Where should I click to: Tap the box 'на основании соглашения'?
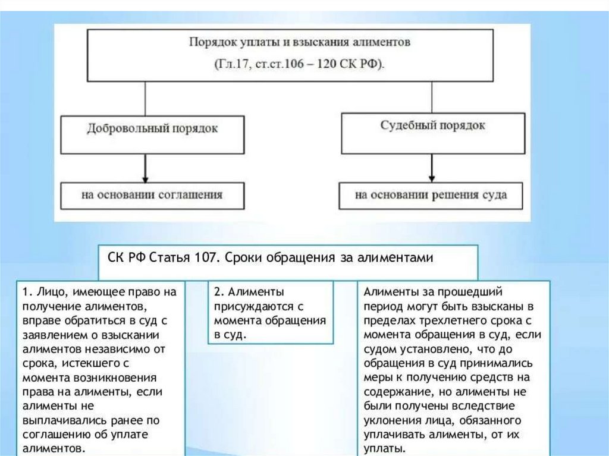pos(152,194)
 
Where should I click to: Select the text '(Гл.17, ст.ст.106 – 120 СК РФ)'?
pos(300,64)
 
